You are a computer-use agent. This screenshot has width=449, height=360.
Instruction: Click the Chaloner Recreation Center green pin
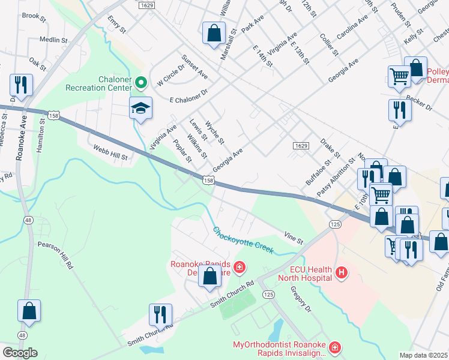click(x=142, y=83)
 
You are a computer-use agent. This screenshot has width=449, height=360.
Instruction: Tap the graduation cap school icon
click(x=140, y=109)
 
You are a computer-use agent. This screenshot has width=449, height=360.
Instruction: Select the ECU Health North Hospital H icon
click(x=342, y=273)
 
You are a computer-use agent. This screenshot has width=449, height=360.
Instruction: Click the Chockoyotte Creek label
click(x=243, y=240)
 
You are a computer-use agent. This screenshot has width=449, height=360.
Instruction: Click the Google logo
click(x=20, y=352)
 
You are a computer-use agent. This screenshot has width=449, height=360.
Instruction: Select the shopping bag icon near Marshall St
click(x=214, y=34)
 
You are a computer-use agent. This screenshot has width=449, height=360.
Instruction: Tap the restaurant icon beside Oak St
click(x=22, y=86)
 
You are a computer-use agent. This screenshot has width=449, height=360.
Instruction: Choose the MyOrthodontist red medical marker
click(x=334, y=347)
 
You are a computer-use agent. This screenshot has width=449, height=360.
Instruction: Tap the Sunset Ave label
click(x=194, y=68)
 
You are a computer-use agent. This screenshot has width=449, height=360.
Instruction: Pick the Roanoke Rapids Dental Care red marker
click(x=239, y=266)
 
